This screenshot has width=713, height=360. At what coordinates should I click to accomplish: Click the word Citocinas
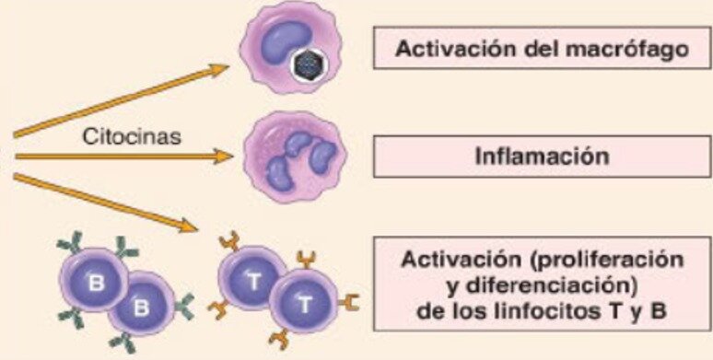132,137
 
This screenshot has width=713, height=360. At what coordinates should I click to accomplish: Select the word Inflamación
542,157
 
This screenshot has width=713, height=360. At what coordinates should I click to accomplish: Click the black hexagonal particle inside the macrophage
308,65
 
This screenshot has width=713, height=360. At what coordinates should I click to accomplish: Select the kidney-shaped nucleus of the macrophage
286,42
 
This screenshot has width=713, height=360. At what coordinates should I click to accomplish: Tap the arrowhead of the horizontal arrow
224,157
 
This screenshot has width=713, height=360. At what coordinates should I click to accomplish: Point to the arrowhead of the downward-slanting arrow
187,225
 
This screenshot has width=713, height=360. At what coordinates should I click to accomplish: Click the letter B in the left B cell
96,283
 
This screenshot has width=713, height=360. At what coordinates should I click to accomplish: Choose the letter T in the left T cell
254,282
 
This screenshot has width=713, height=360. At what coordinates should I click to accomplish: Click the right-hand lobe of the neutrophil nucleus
322,157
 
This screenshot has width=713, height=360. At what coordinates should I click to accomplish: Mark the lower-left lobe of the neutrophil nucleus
278,174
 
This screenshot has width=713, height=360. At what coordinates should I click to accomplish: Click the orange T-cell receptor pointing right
349,302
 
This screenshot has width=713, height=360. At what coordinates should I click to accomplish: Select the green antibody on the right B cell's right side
184,306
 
